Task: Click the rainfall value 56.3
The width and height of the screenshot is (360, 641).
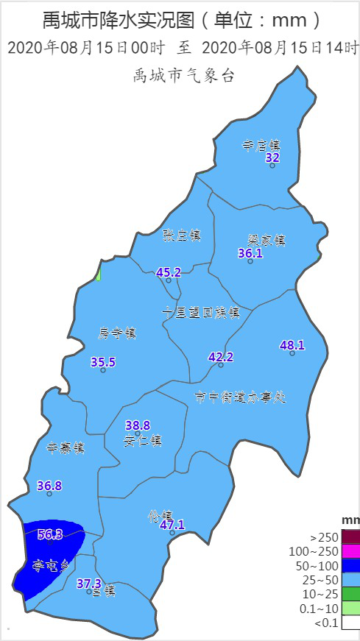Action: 50,534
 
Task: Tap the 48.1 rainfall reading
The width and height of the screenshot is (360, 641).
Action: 292,344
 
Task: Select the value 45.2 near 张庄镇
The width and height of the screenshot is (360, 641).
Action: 169,272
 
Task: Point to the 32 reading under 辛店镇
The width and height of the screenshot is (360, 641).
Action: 272,157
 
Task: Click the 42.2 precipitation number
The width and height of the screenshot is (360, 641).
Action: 220,357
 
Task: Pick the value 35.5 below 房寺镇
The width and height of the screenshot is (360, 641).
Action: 103,361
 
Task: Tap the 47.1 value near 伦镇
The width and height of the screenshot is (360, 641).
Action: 172,525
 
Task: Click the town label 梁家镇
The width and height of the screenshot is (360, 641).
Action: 266,240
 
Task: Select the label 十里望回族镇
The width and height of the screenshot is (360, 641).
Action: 201,312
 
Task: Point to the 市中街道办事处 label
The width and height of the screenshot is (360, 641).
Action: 240,397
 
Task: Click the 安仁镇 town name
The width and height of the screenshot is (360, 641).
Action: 143,441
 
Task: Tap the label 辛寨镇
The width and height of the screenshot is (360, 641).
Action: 66,447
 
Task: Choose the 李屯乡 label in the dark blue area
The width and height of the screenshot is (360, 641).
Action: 49,565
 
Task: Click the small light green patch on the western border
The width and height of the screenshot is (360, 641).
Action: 99,274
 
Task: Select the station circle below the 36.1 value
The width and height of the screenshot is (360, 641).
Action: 250,261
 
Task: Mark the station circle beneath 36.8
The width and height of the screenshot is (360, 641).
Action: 49,494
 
